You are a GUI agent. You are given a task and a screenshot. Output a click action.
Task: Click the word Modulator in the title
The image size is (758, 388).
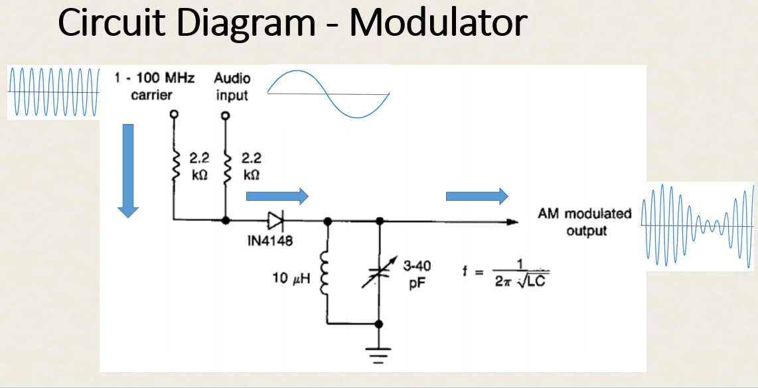point(438,23)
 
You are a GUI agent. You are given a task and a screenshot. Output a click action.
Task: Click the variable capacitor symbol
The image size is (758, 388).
point(379,273)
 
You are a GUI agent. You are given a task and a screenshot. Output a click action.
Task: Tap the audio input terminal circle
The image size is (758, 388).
point(226,115)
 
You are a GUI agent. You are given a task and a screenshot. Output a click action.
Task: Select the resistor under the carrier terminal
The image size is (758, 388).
point(174,166)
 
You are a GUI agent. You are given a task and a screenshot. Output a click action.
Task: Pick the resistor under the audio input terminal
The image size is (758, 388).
point(226,166)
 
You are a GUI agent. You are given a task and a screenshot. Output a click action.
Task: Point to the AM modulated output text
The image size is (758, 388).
point(584,222)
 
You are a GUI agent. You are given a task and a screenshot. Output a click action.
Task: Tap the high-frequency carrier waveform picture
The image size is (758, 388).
point(53,92)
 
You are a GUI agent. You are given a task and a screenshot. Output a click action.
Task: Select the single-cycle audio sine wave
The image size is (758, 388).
point(328,94)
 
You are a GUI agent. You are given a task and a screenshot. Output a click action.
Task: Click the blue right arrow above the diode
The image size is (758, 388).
point(277,196)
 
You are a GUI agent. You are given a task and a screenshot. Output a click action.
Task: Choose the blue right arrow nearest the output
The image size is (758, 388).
point(477,196)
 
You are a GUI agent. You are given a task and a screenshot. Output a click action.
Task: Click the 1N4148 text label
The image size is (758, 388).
point(269,240)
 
